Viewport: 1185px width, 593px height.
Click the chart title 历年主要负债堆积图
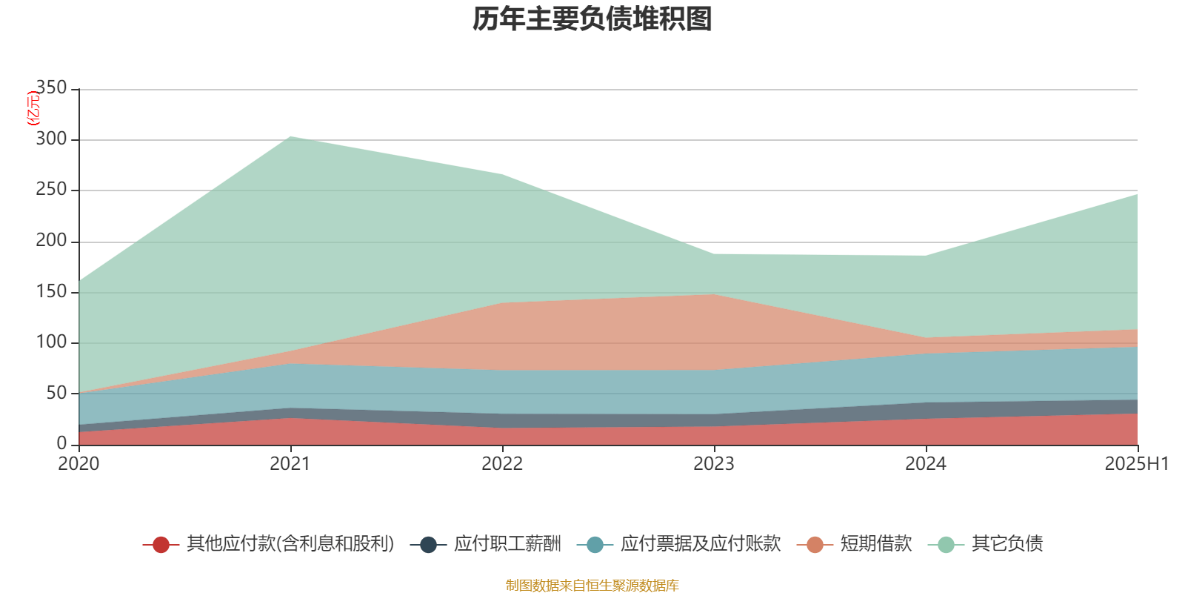(x=592, y=19)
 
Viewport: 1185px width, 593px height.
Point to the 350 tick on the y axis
(x=51, y=88)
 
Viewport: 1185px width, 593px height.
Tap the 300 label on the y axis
(x=51, y=139)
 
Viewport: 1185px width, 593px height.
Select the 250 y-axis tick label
(x=51, y=190)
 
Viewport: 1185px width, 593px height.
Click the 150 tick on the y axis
(x=51, y=292)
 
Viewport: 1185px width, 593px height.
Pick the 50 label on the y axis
(x=56, y=394)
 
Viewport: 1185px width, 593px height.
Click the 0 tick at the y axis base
(x=61, y=444)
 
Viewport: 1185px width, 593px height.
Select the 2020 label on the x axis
(x=79, y=464)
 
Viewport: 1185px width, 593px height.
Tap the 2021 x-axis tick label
(x=290, y=464)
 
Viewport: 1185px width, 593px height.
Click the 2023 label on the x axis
(x=714, y=464)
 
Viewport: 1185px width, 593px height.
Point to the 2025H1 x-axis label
(x=1135, y=464)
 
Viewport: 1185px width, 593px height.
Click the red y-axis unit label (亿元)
(x=33, y=108)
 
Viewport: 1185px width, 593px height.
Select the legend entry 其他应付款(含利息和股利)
(x=290, y=544)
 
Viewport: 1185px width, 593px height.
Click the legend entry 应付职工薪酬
(x=507, y=544)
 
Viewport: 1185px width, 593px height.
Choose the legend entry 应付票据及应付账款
(x=700, y=544)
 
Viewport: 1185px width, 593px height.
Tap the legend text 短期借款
(x=875, y=544)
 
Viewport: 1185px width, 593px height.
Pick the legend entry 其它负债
(x=1007, y=544)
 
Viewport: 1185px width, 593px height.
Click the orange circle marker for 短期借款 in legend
(x=815, y=545)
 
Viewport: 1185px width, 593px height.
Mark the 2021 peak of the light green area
(x=290, y=136)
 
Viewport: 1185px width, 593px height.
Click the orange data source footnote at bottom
(x=592, y=586)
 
